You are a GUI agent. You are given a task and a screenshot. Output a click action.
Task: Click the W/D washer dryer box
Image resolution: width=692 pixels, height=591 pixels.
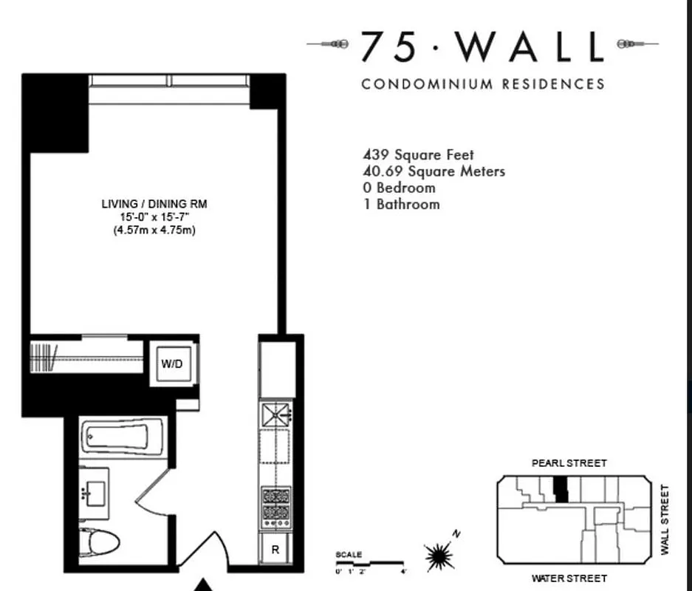(173, 363)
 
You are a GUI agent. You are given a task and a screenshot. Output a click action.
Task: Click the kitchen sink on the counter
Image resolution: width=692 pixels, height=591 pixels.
(275, 414)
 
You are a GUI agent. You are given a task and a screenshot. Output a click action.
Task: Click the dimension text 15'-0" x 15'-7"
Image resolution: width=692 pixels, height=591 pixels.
(154, 216)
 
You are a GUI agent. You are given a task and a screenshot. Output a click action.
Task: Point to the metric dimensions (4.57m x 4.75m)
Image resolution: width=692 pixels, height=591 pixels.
(154, 230)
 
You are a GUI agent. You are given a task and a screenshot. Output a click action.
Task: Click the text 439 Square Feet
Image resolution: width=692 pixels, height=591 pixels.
(418, 155)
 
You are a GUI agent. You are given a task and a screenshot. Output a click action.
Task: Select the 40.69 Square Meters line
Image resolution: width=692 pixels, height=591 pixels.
(434, 171)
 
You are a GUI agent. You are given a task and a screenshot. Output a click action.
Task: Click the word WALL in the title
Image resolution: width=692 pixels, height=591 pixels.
(530, 48)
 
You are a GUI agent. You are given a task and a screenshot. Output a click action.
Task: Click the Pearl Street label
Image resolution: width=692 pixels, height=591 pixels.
(569, 463)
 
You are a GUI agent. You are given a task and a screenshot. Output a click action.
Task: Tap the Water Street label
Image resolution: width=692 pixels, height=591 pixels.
(569, 578)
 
